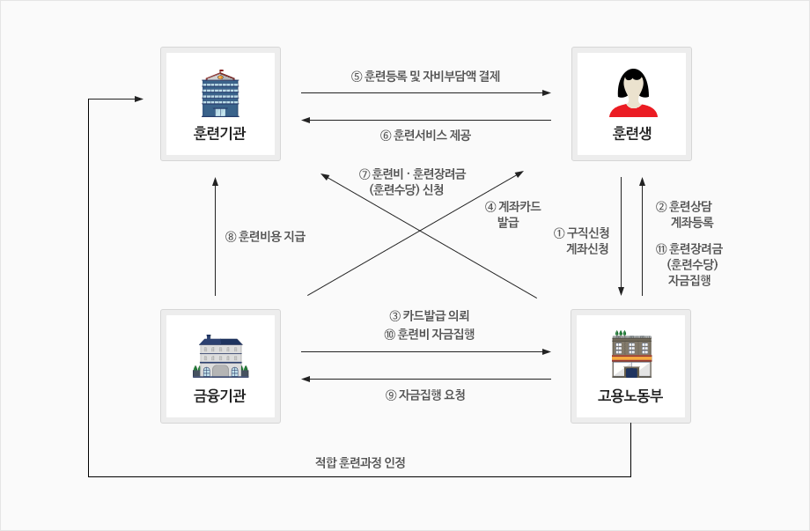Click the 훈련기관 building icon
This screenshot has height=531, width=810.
pos(220,94)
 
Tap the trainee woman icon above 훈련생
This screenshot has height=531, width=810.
pos(632,92)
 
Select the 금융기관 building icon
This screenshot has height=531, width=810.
pos(220,356)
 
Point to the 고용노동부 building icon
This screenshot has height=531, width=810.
pos(631,354)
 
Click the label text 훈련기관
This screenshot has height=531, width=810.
pos(220,134)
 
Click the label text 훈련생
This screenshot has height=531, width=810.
pos(632,134)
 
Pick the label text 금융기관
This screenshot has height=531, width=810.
pos(220,395)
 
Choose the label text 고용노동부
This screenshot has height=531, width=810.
pos(630,395)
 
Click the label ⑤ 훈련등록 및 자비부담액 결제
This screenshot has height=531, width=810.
pos(425,77)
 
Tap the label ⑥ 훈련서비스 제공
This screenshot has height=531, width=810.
pos(425,136)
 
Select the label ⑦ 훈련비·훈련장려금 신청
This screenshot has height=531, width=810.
pos(413,181)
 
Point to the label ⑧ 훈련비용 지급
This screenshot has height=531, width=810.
pos(265,236)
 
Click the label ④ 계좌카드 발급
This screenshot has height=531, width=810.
pos(513,215)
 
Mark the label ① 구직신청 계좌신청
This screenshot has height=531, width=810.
pos(581,240)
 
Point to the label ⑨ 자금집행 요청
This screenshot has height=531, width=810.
pos(425,395)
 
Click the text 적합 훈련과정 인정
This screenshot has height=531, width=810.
pos(360,462)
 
